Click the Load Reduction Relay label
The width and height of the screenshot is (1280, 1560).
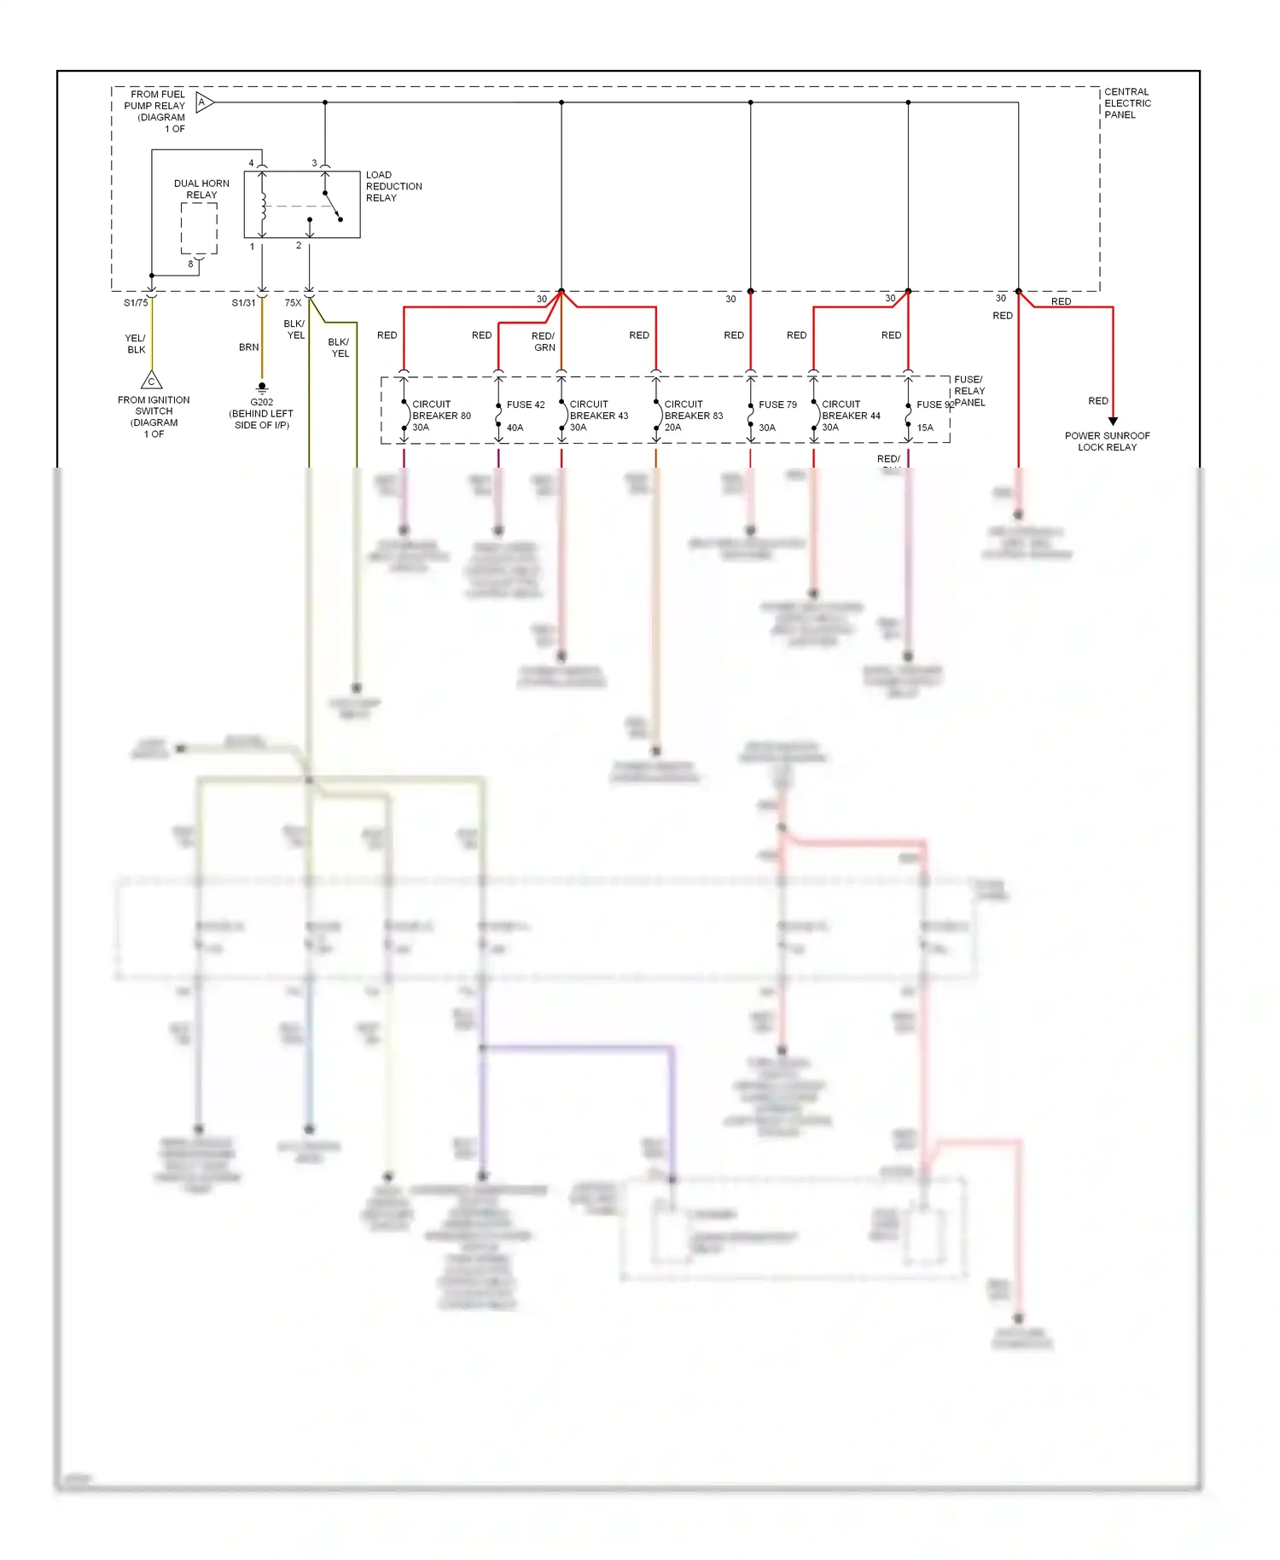point(393,186)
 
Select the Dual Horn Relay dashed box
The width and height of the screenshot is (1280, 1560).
point(199,228)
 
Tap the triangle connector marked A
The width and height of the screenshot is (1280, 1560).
point(204,102)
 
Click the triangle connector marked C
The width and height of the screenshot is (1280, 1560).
point(151,381)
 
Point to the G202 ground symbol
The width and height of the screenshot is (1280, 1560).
point(262,387)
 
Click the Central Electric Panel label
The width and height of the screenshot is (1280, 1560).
point(1126,103)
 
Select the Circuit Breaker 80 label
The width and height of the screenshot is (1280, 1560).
point(440,416)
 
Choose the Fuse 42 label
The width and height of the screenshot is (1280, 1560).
point(525,405)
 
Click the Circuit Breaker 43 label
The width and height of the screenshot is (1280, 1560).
point(598,416)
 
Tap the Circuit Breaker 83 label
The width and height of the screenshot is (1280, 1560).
point(693,416)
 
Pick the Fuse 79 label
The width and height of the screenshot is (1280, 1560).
point(777,405)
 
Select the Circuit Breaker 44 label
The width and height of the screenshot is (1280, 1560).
point(850,416)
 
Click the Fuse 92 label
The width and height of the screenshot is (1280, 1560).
point(934,405)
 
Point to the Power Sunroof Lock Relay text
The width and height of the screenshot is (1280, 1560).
point(1107,441)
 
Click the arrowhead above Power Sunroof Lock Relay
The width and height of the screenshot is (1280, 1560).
point(1113,421)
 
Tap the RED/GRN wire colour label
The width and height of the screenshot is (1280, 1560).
point(544,341)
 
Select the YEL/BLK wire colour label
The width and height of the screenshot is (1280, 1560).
point(136,344)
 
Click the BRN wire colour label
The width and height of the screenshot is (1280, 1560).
point(248,347)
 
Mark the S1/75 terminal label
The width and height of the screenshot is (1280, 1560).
point(136,303)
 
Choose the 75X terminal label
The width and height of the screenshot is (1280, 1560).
point(293,303)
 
